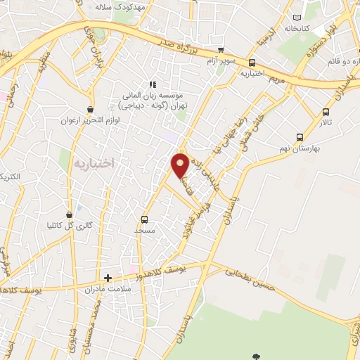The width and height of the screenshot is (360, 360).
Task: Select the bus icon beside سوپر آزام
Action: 221,50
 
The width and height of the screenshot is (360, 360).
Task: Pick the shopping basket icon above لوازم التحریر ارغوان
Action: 90,109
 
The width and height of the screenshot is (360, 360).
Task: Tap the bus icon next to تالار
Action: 325,112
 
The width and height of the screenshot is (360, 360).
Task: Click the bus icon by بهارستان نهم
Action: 300,137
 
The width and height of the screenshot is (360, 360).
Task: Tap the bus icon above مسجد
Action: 145,219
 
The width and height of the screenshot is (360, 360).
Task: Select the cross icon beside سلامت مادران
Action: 108,278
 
